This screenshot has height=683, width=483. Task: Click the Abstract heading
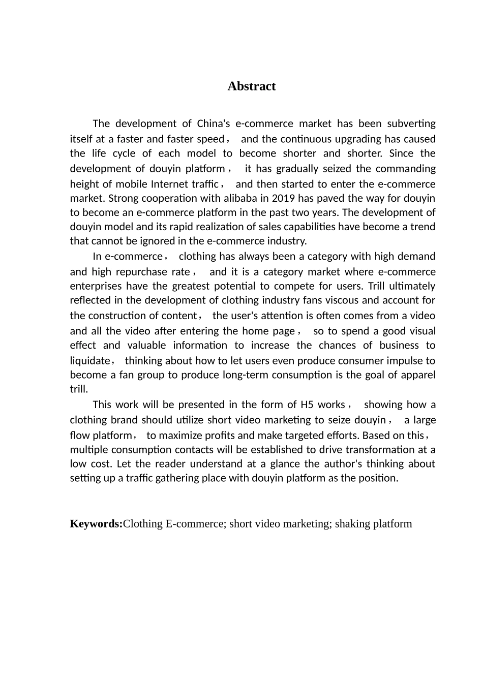251,86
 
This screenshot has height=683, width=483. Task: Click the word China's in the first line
214,124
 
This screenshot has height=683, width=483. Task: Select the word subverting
411,124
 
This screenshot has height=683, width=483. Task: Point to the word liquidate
89,361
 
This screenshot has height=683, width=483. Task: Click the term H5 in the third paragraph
307,405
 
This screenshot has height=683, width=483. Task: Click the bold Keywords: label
96,524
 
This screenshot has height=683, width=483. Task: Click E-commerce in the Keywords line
196,524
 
